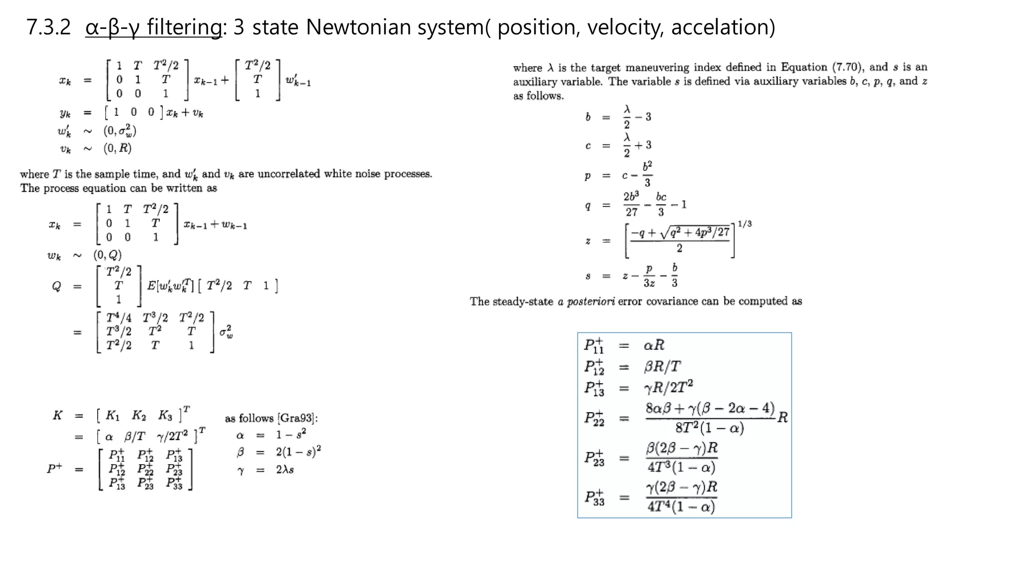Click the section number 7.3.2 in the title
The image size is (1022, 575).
[x=48, y=27]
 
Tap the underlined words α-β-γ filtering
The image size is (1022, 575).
[x=153, y=27]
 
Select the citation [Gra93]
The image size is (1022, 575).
[x=297, y=418]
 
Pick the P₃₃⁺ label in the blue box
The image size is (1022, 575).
[x=594, y=498]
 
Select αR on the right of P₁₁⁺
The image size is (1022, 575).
[x=654, y=345]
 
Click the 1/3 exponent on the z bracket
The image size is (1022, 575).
[x=745, y=224]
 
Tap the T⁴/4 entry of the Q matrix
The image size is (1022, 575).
[x=119, y=318]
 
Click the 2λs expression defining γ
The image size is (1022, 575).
[x=285, y=470]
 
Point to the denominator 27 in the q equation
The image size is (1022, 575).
[x=632, y=212]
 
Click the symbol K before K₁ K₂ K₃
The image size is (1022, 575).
[x=58, y=415]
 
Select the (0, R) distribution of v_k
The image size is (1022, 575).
[x=117, y=148]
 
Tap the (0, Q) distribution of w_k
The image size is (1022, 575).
[x=107, y=255]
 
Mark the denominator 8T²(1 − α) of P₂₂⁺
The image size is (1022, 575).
[x=709, y=428]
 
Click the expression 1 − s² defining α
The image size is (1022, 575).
[x=291, y=435]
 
